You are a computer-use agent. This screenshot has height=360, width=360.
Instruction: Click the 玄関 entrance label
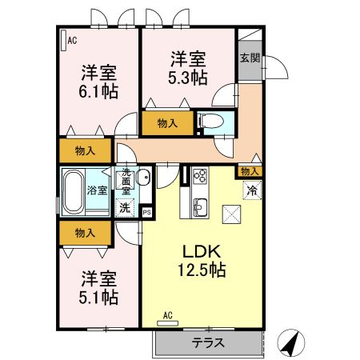coord(250,58)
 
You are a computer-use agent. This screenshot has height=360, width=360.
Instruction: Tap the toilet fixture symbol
coord(211,121)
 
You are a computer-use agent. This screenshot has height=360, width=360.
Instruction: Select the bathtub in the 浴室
coord(73,192)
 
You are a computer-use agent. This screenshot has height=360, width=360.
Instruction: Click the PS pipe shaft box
coord(147,213)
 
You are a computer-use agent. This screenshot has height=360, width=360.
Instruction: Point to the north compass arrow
coord(291,343)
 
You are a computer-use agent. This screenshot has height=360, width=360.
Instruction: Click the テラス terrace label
coord(208,342)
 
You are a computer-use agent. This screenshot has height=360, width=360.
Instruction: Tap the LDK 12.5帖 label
coord(202,261)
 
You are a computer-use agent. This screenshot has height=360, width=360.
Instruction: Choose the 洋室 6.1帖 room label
coord(98,82)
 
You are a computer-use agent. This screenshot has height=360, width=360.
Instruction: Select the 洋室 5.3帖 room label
coord(188,68)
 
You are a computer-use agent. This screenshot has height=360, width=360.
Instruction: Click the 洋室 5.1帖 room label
coord(98,288)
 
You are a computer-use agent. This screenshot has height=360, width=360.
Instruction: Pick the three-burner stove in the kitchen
coord(200,175)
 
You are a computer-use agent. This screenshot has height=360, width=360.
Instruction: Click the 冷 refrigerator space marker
coord(252,190)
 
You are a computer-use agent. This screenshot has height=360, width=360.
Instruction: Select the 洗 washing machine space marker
coord(125,207)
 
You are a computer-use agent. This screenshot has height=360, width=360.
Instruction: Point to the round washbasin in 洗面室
coord(143,176)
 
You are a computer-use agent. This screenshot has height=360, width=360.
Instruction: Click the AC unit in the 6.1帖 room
coord(63,40)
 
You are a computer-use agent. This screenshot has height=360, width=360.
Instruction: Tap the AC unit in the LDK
coord(167,323)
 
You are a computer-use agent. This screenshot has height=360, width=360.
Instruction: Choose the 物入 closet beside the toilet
coord(167,123)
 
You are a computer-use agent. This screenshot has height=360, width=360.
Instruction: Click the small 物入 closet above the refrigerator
coord(250,171)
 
